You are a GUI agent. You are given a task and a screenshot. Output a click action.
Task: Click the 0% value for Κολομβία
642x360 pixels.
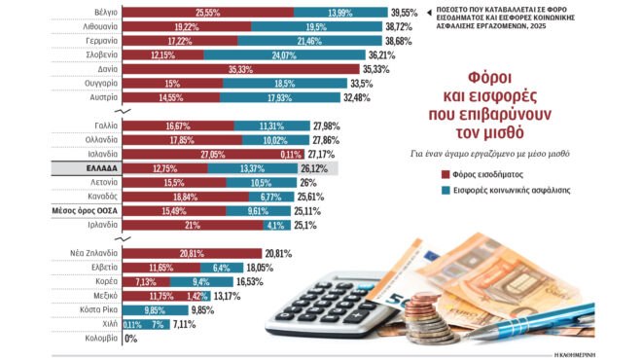tap(132, 338)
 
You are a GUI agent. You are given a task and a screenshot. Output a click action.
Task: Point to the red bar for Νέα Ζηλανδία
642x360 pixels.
tap(180, 252)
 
